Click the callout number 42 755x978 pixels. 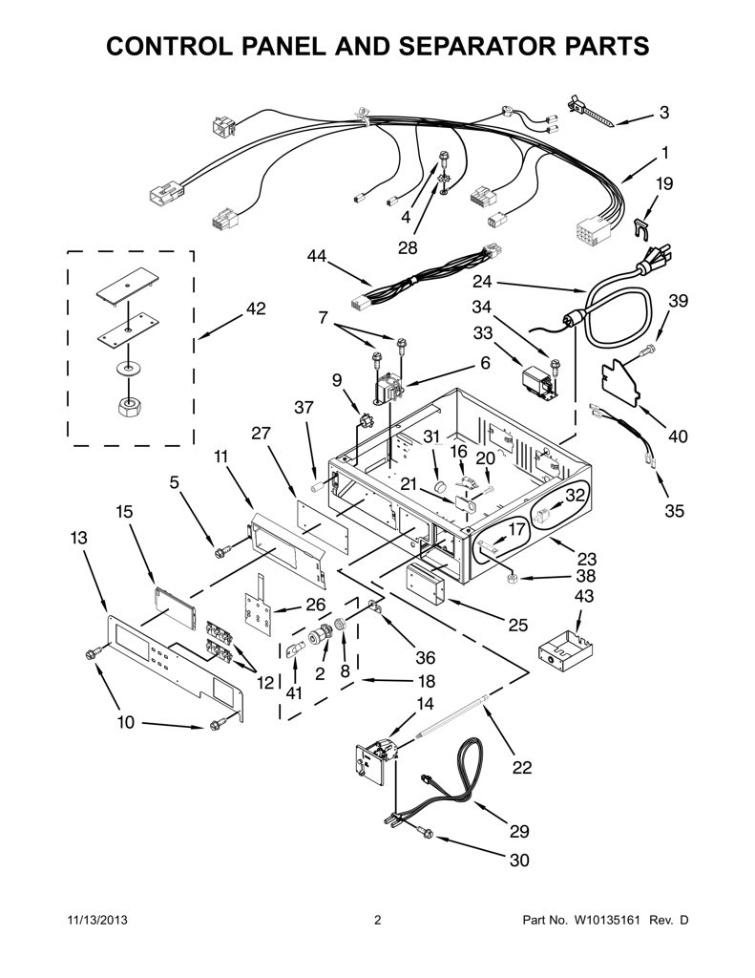tap(256, 308)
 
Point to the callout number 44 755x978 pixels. tap(317, 256)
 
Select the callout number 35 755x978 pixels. tap(674, 511)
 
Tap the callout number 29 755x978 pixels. tap(519, 831)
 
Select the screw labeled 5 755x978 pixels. tap(222, 551)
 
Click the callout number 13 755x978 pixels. tap(78, 537)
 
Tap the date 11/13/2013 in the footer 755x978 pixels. tap(96, 920)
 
